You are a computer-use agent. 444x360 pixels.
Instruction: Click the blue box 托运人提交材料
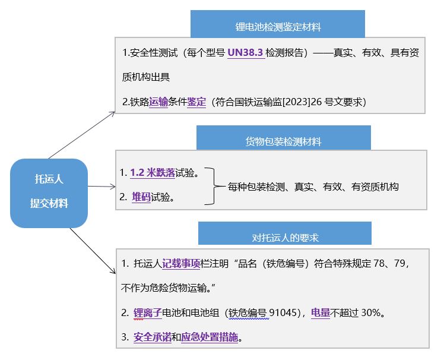coord(49,192)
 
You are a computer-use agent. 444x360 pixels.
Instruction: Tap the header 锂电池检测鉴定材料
coord(278,27)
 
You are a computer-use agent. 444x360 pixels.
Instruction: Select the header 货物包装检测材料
coord(284,141)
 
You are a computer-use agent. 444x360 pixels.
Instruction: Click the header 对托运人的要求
coord(285,238)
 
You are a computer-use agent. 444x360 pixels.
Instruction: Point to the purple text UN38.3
coord(246,53)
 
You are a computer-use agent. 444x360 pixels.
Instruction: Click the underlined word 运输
coord(158,102)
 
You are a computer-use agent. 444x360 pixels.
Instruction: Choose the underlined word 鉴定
coord(196,102)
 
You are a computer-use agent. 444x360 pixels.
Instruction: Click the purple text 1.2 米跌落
coord(153,173)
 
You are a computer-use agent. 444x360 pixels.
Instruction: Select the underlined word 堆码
coord(141,197)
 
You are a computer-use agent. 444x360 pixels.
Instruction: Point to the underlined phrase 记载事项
coord(181,263)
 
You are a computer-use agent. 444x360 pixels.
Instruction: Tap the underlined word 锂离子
coord(147,312)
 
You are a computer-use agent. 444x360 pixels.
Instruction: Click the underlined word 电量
coord(321,312)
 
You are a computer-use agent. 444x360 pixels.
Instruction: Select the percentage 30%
coord(372,312)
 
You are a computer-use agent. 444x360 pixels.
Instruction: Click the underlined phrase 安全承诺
coord(153,337)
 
